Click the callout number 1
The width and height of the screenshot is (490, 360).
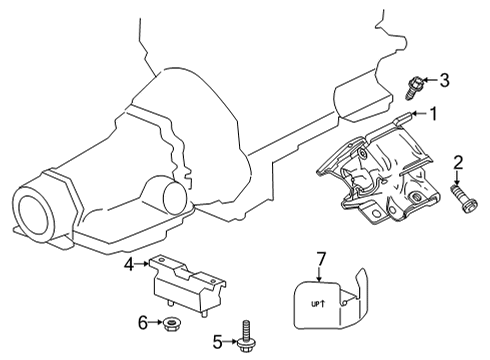tap(435, 114)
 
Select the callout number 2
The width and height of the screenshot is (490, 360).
tap(458, 162)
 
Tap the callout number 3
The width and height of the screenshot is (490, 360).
tap(446, 80)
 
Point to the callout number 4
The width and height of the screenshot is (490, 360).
tap(130, 264)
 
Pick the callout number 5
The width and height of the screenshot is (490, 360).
tap(216, 341)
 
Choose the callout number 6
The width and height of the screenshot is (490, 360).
tap(143, 321)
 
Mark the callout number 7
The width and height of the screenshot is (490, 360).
tap(322, 260)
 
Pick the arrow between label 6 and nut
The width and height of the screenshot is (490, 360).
tap(157, 321)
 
